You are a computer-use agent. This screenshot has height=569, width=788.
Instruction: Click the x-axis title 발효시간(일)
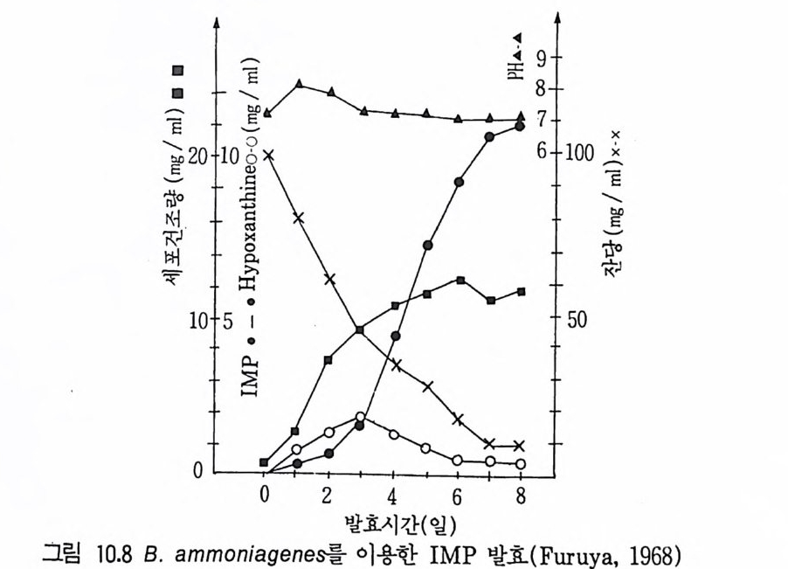(x=389, y=524)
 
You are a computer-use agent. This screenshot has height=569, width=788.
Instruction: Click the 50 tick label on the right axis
(x=579, y=318)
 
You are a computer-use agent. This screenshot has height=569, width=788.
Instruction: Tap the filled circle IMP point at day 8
(x=521, y=127)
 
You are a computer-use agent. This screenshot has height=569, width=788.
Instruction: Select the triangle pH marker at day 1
(x=299, y=84)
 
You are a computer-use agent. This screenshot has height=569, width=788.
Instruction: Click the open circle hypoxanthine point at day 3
(x=361, y=417)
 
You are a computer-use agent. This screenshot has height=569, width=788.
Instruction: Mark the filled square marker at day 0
(x=265, y=461)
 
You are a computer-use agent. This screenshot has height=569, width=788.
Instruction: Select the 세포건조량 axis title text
(x=174, y=235)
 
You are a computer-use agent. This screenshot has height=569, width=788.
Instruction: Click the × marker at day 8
(x=521, y=445)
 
